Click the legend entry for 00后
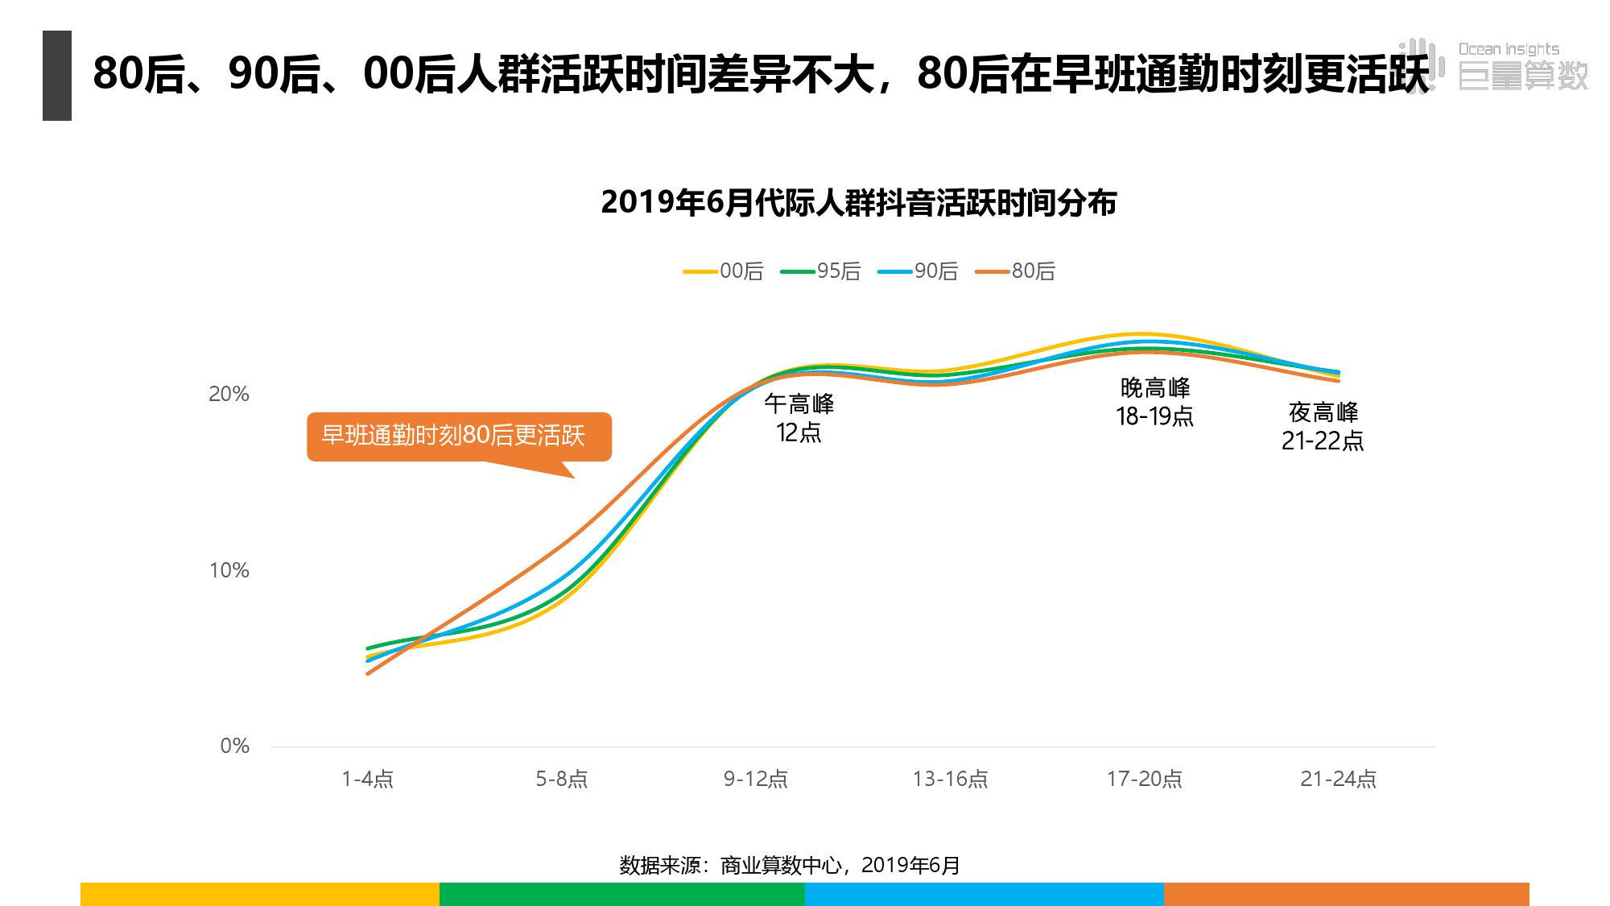coord(724,271)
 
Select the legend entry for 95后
coord(821,271)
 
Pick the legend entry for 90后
coord(919,271)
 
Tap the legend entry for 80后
coord(1016,271)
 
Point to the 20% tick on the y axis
coord(229,394)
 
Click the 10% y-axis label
coord(229,570)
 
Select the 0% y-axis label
coord(234,746)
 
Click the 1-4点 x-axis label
coord(367,779)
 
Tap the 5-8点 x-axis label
coord(562,779)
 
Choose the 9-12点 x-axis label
coord(756,779)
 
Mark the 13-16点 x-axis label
coord(950,779)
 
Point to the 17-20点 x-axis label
coord(1144,779)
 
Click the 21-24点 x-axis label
coord(1338,779)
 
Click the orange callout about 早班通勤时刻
coord(458,436)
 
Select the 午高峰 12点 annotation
coord(799,418)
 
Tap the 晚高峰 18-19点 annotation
coord(1154,402)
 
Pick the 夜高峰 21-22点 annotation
coord(1323,426)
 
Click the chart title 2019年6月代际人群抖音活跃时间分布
coord(858,203)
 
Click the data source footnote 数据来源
coord(790,865)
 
